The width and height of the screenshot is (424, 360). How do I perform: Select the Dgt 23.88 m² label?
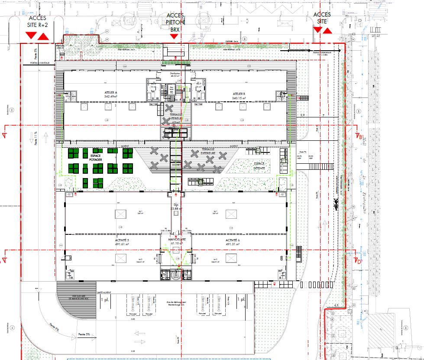coord(175,207)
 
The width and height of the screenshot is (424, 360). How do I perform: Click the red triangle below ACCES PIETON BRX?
coord(174,37)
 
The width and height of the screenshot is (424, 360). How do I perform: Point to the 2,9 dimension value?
coord(303,115)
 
